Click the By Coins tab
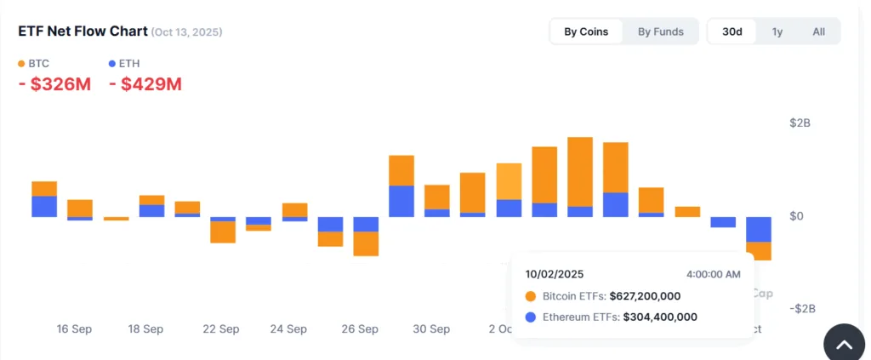pos(586,31)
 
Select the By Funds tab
pos(660,31)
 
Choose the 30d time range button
pos(732,31)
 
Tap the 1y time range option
pos(777,31)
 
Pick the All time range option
pos(818,31)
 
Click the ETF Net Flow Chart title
pos(83,31)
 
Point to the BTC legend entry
pos(34,63)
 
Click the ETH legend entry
pos(123,63)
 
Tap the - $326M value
pos(54,84)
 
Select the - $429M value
pos(145,84)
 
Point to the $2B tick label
pos(800,123)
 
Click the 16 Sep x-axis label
pos(74,329)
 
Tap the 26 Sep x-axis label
pos(361,329)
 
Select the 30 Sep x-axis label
pos(432,329)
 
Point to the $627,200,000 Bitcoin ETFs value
pos(645,296)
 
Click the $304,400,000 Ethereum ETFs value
pos(660,317)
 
